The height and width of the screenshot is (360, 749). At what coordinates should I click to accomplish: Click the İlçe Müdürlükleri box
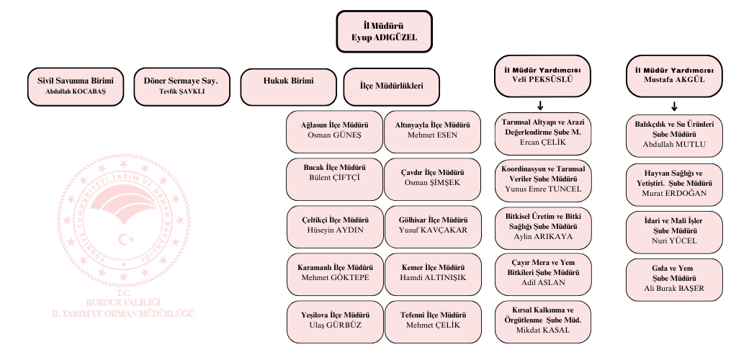[x=392, y=86]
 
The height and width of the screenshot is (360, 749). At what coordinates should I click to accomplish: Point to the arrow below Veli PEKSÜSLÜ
[x=540, y=105]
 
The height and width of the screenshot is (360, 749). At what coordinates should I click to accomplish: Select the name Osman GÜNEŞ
[x=334, y=135]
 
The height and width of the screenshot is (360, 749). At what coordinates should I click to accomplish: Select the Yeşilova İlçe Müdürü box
[x=333, y=319]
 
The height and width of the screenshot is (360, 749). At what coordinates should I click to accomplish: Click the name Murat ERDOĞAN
[x=674, y=193]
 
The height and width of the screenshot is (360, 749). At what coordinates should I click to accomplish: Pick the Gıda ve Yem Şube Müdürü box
[x=674, y=278]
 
